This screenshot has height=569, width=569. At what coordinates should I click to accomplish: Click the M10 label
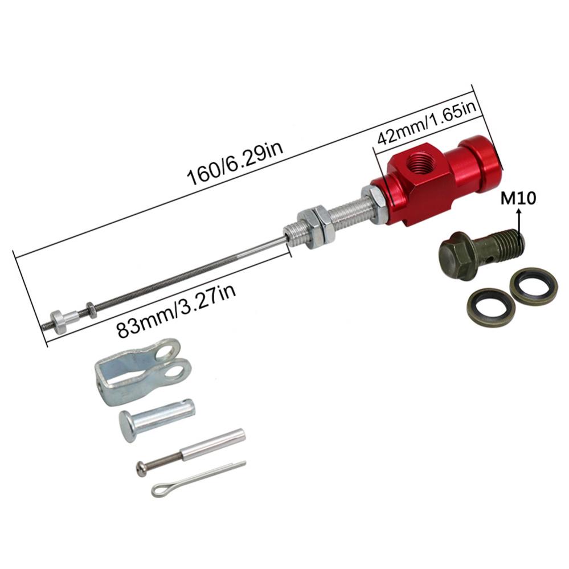click(518, 199)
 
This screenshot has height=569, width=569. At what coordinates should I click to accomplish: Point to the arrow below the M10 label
click(519, 220)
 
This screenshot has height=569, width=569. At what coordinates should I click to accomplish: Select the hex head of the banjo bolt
click(458, 253)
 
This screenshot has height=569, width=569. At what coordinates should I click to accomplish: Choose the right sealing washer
click(533, 285)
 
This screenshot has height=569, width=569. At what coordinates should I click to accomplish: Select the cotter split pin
click(197, 478)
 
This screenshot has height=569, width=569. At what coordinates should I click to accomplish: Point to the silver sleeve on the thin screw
click(214, 444)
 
